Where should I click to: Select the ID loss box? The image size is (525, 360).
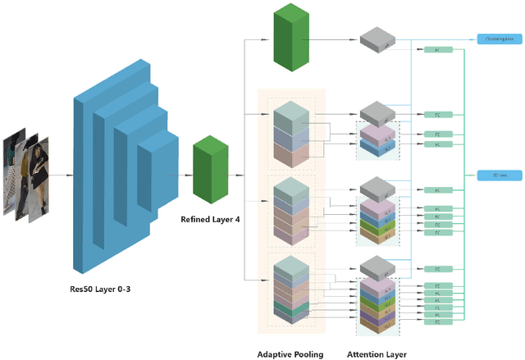(498, 174)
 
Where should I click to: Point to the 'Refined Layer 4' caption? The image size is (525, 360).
(210, 219)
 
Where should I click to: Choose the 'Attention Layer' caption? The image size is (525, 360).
(377, 353)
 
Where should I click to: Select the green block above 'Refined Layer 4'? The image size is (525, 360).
(210, 171)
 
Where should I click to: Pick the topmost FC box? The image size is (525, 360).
(437, 51)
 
